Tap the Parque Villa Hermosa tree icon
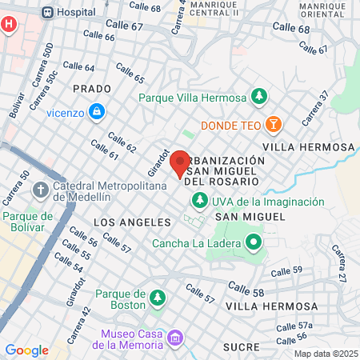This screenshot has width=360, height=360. coord(258,98)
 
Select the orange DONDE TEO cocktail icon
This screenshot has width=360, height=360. coord(274,125)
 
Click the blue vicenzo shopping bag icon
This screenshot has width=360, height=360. coord(96,111)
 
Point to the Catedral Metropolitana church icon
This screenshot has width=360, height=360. coord(40,191)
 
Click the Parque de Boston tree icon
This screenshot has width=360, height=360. coord(158,298)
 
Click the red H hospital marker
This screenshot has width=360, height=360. coord(9,24)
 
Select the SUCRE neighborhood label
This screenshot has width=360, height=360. coord(242,346)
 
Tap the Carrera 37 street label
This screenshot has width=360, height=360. coord(314,109)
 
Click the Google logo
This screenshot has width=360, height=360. coord(26,350)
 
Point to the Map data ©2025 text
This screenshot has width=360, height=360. coord(324,354)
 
